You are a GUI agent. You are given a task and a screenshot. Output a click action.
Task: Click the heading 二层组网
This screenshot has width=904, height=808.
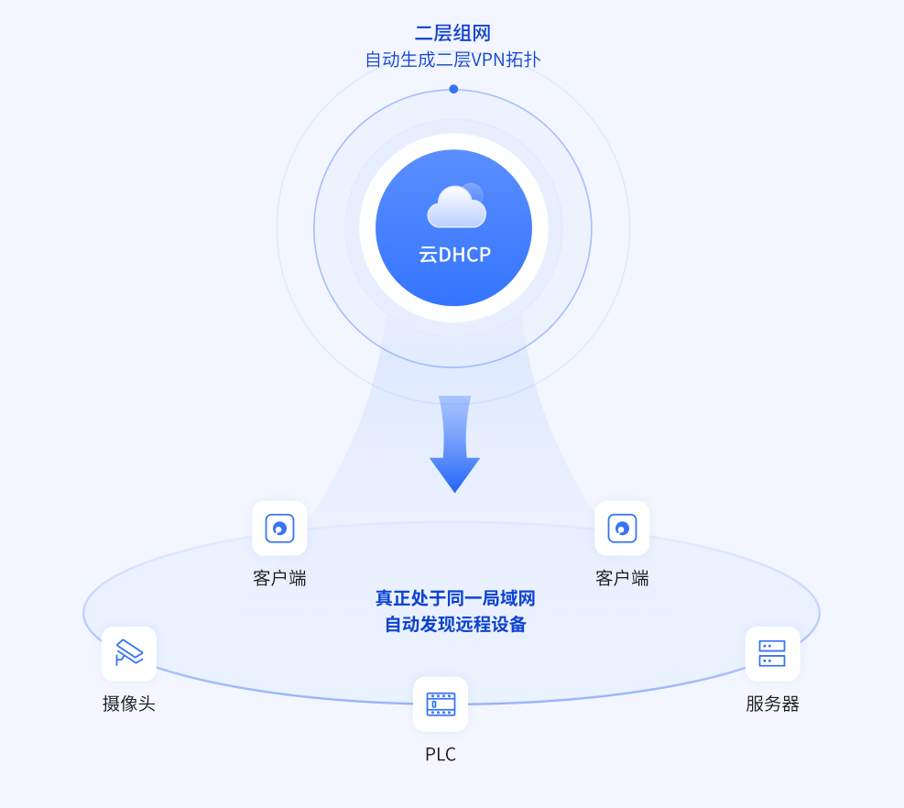[x=452, y=33]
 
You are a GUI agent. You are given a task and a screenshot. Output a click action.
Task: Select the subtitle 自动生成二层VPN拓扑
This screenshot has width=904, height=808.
[x=452, y=60]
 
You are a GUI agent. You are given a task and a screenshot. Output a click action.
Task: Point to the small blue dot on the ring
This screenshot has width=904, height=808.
[x=453, y=89]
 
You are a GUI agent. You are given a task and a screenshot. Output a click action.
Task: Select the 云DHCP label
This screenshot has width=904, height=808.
[x=455, y=255]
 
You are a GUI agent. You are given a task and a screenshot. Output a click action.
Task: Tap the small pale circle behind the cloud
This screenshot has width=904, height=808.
[x=473, y=193]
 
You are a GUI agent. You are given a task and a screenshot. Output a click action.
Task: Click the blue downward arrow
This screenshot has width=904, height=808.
[x=455, y=444]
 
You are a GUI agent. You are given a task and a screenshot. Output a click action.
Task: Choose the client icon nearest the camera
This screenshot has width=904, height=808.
[x=279, y=529]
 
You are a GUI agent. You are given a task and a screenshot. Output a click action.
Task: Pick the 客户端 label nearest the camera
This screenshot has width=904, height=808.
[x=279, y=578]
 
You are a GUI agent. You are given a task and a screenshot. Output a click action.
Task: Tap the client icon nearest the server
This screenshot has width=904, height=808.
[x=622, y=529]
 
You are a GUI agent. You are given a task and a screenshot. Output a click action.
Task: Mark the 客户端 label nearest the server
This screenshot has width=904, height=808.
[x=622, y=578]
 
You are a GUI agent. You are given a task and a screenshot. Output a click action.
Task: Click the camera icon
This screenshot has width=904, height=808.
[x=129, y=653]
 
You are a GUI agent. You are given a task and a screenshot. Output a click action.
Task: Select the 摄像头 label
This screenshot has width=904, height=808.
[x=129, y=704]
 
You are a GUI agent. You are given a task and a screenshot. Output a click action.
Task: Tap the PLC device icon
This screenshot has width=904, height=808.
[x=441, y=704]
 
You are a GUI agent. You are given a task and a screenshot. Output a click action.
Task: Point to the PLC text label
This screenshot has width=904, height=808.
[x=441, y=754]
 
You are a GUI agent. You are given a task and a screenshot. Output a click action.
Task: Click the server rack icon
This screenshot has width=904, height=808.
[x=772, y=653]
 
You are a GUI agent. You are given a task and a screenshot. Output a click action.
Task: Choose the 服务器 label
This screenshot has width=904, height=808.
[x=772, y=704]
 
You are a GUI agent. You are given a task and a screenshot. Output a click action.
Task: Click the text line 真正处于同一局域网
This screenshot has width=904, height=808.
[x=455, y=598]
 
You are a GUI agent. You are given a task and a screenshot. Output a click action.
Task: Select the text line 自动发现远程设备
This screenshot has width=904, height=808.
[x=455, y=624]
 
